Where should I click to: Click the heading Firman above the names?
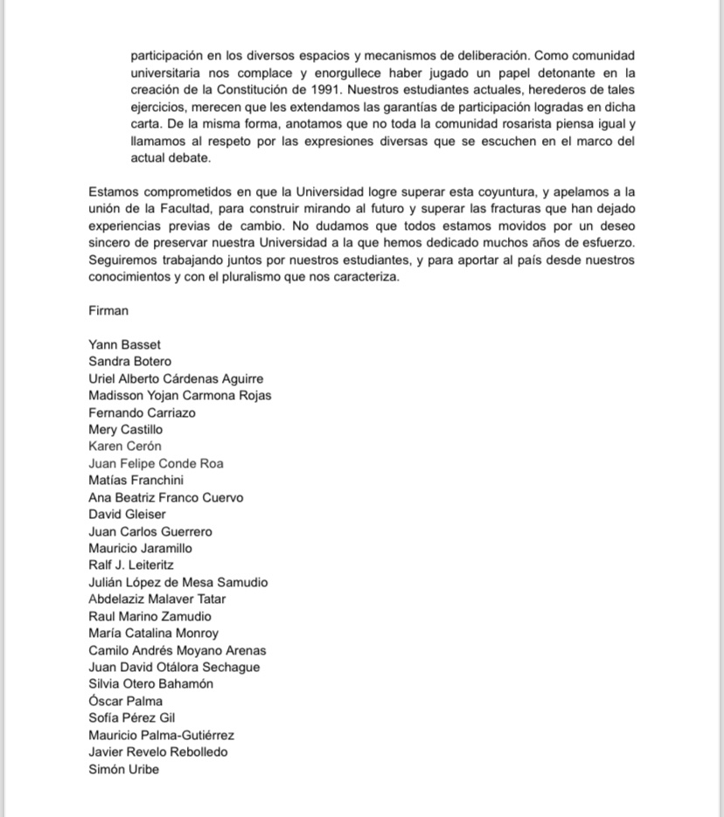click(108, 310)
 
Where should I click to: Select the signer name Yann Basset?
click(124, 344)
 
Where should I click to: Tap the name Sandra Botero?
click(129, 361)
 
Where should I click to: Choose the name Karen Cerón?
click(125, 446)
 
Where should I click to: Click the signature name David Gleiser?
click(127, 514)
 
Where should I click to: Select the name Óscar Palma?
click(125, 701)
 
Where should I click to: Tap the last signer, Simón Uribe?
click(123, 769)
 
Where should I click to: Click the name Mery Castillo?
click(125, 429)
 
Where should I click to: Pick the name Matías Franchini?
click(136, 480)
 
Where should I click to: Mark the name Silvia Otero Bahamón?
click(150, 683)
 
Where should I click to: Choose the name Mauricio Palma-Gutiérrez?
click(161, 735)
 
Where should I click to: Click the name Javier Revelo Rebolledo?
click(157, 751)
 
